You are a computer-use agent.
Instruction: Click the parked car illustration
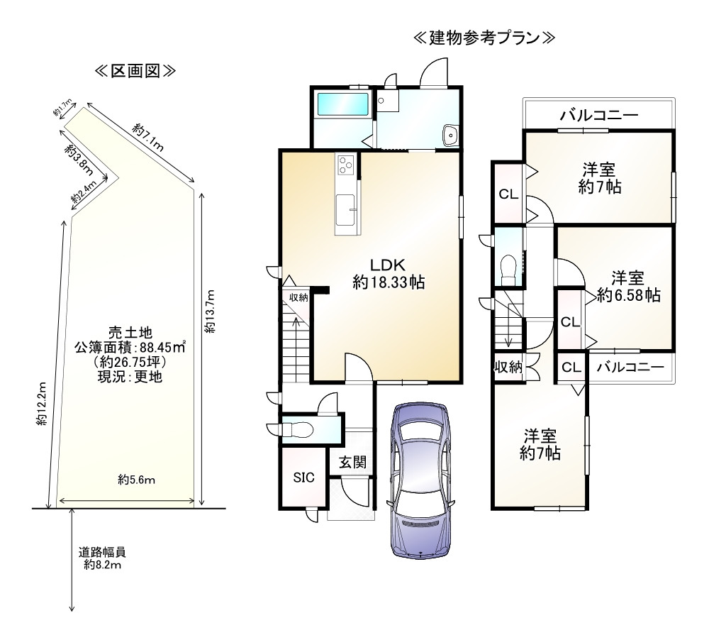pos(420,480)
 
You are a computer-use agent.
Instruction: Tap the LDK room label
pos(389,274)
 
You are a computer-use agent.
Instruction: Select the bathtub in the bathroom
pos(343,104)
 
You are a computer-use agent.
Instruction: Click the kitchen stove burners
pos(346,164)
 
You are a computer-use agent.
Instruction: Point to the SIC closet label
pos(303,478)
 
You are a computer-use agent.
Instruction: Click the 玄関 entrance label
pos(352,462)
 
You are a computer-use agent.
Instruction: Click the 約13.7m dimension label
pos(211,311)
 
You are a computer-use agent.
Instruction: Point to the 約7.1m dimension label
pos(148,138)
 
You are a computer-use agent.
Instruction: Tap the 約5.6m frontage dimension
pos(137,480)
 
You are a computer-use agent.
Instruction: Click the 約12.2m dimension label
pos(42,404)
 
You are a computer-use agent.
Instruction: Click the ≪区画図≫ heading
pos(135,71)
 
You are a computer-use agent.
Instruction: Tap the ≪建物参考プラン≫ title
pos(484,38)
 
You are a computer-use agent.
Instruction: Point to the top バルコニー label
pos(598,116)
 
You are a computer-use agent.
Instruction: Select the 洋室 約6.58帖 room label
pos(628,286)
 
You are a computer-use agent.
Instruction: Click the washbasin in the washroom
pos(450,134)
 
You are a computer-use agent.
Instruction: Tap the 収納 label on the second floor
pos(508,367)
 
